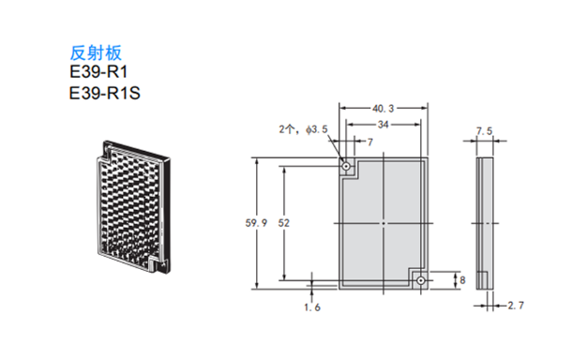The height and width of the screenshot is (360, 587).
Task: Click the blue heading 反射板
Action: pos(96,53)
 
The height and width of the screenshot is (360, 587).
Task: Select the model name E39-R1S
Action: pos(105,93)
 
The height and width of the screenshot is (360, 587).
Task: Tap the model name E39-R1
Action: pos(98,72)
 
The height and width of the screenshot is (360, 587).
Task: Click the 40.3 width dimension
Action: pos(383,109)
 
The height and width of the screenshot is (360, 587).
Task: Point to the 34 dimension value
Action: pos(383,125)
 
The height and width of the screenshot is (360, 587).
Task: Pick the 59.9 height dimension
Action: pos(256,223)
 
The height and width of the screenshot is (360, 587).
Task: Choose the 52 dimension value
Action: pos(284,223)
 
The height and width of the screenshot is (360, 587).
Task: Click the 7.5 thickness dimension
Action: pos(485,131)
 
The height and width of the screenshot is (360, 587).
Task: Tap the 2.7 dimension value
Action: pos(516,306)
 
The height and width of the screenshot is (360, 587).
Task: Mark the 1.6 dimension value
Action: pos(312,307)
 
